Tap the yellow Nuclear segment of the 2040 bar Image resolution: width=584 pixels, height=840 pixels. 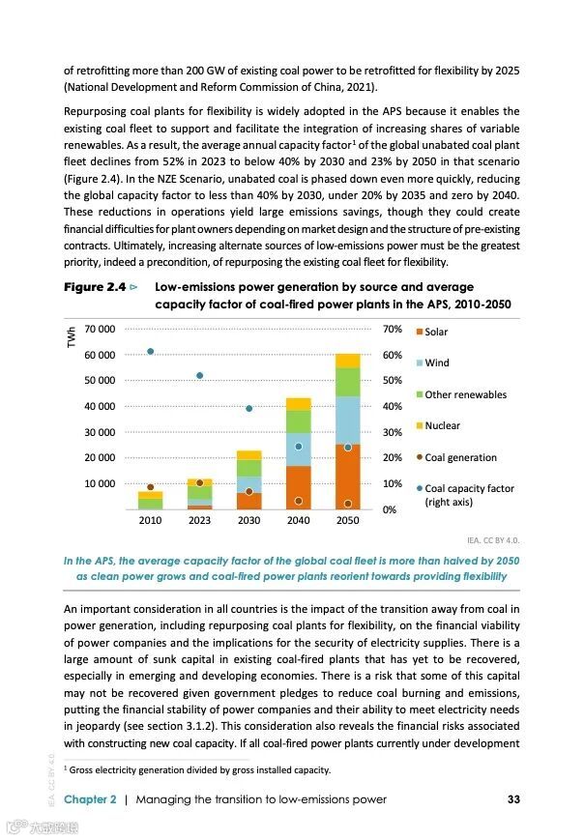(298, 404)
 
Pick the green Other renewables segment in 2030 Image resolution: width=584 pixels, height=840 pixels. (248, 468)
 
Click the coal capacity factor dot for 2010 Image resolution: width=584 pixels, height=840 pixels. (150, 351)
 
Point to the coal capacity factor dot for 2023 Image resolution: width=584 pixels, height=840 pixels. (199, 375)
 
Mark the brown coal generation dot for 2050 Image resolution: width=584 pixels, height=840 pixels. (347, 504)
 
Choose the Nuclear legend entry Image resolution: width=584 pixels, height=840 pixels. (442, 425)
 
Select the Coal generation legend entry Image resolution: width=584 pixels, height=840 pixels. (460, 457)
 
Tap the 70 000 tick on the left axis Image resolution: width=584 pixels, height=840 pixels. (101, 330)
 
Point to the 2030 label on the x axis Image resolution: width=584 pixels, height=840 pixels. (248, 520)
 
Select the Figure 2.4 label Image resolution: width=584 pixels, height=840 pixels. (97, 287)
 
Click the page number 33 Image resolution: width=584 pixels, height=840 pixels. (513, 799)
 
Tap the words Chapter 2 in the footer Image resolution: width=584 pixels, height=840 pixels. (90, 799)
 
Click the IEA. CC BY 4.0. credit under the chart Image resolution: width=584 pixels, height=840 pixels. (493, 539)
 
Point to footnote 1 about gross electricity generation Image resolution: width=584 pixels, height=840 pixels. (197, 769)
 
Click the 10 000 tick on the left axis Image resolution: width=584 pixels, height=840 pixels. (101, 483)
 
